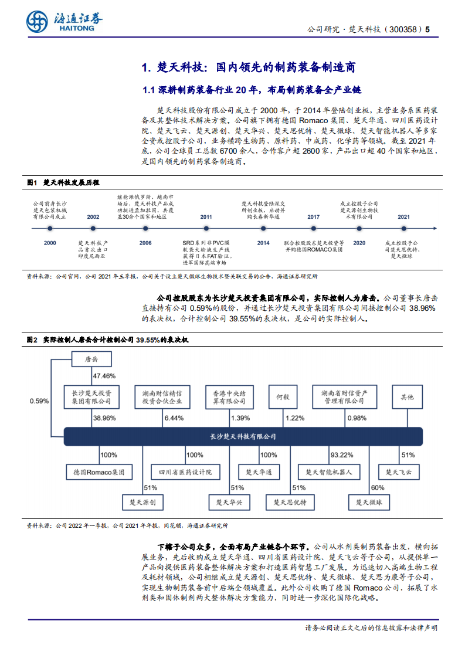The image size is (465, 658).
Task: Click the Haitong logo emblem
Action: tap(36, 22)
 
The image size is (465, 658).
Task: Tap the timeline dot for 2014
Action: tap(263, 229)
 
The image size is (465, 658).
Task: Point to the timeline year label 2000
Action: tap(50, 242)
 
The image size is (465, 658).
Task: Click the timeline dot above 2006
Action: tap(145, 229)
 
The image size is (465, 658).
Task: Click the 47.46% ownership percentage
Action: tap(104, 376)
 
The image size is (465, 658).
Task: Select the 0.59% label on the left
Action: tap(39, 401)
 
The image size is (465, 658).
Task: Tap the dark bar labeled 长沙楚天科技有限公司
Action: tap(243, 436)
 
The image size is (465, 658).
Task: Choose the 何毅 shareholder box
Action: tap(283, 397)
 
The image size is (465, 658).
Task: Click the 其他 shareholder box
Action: tap(407, 397)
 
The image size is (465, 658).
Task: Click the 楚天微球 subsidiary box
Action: tap(369, 503)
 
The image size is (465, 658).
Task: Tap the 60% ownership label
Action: tap(378, 487)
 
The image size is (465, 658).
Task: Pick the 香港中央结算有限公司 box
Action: tap(226, 397)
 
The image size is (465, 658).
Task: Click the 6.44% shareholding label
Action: tap(174, 418)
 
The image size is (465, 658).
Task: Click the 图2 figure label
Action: tap(32, 340)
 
